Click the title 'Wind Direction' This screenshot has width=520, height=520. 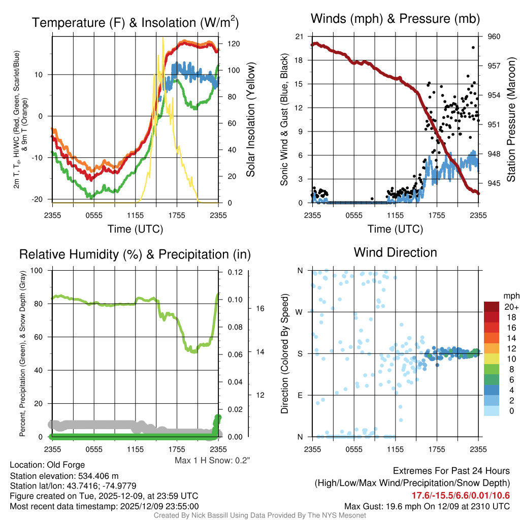395,252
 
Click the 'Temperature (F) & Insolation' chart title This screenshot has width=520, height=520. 135,23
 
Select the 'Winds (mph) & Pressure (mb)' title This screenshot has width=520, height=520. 395,19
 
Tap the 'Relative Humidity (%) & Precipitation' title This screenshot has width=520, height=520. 135,254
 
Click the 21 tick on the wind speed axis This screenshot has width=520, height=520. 299,37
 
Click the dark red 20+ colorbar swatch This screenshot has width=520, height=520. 493,307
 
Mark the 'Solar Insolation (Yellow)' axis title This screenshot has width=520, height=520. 250,119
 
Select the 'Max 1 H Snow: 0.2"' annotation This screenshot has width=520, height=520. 212,460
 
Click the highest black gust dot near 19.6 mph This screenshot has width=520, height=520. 473,47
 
